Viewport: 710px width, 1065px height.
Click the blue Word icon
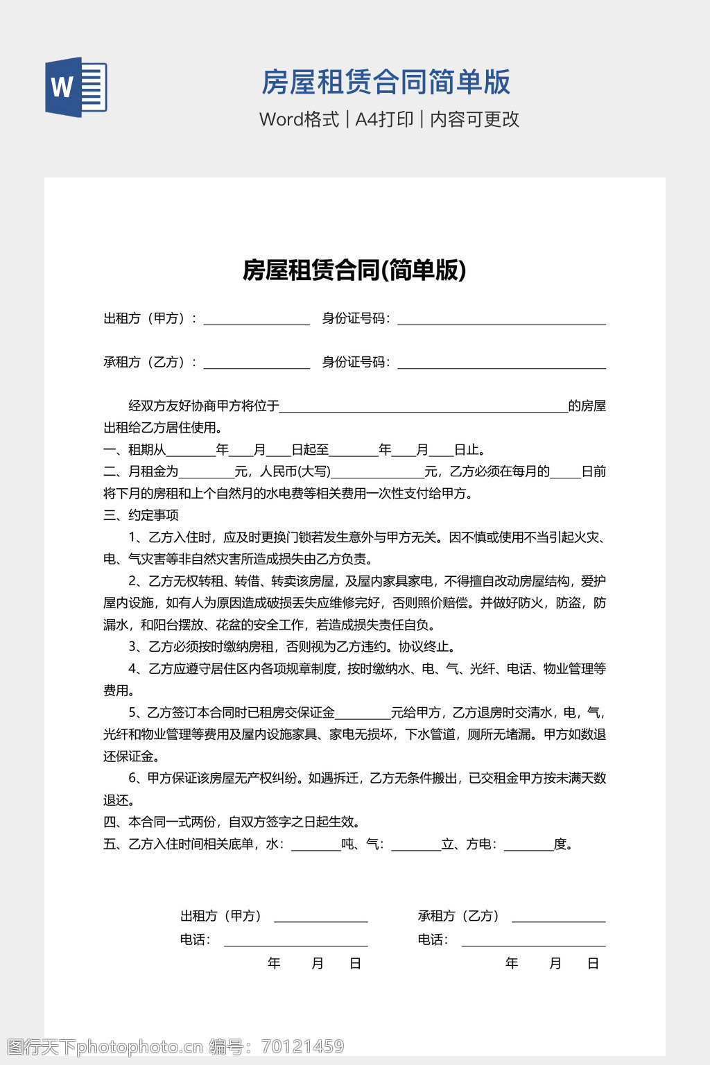76,87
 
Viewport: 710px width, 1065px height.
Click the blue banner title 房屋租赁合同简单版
386,82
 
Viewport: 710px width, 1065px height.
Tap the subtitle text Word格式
299,119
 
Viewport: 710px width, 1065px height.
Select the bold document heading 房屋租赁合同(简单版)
354,270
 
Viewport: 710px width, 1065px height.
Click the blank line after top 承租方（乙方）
256,363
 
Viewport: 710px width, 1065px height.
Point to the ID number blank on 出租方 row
501,319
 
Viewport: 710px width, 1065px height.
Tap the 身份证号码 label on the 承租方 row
355,362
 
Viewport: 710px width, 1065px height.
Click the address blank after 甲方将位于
423,406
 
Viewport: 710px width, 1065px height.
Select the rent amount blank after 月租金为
207,472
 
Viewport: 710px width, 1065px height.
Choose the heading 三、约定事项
141,515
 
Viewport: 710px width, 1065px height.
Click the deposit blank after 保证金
363,713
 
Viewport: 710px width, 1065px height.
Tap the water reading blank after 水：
316,845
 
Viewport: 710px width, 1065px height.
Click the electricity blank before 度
528,845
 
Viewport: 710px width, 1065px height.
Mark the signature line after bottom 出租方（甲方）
320,917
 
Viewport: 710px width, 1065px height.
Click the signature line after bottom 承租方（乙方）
558,917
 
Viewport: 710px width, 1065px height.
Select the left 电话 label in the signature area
194,940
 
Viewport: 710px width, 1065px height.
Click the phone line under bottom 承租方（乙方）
533,940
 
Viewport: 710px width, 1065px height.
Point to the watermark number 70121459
302,1046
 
